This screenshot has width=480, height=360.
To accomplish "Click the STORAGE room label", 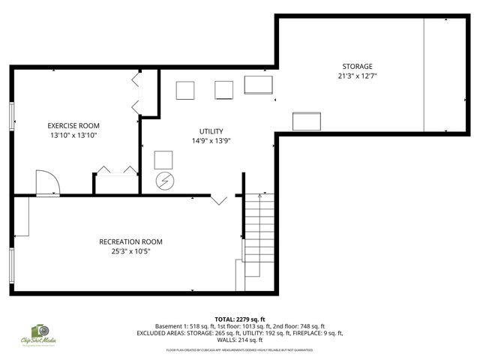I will tap(357, 67).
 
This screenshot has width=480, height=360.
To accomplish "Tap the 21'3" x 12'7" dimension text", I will tap(357, 76).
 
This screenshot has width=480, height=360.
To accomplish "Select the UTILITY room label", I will tap(211, 131).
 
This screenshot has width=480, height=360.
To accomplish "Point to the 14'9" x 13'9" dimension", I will tap(211, 141).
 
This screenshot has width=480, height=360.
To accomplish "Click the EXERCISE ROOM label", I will tap(73, 125).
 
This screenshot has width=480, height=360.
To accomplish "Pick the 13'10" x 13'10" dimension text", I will tap(73, 135).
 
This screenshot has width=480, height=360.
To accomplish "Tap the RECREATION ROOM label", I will tap(130, 241).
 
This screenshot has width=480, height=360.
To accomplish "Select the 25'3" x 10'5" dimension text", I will tap(130, 251).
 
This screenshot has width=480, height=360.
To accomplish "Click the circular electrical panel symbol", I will tap(163, 181).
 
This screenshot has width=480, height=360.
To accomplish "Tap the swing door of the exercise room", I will tap(46, 183).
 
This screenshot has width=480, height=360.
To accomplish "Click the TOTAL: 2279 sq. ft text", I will tap(239, 319).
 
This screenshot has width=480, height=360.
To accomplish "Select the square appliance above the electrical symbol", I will tap(163, 160).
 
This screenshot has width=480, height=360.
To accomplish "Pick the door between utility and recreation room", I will tap(219, 199).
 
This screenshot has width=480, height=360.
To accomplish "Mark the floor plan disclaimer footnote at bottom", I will tap(239, 349).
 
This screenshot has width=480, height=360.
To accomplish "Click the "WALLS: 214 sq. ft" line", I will tap(239, 339).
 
